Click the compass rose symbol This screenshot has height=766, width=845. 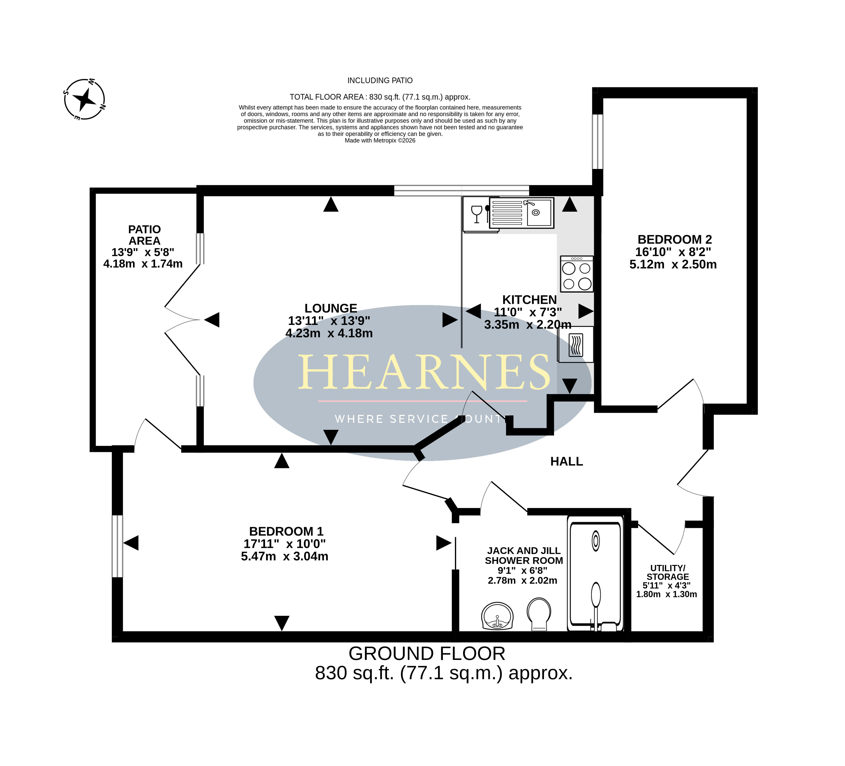click(85, 99)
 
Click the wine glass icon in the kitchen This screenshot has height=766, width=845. click(477, 214)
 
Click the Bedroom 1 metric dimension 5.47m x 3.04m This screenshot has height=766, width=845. click(285, 556)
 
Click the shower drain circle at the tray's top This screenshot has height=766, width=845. click(596, 541)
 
